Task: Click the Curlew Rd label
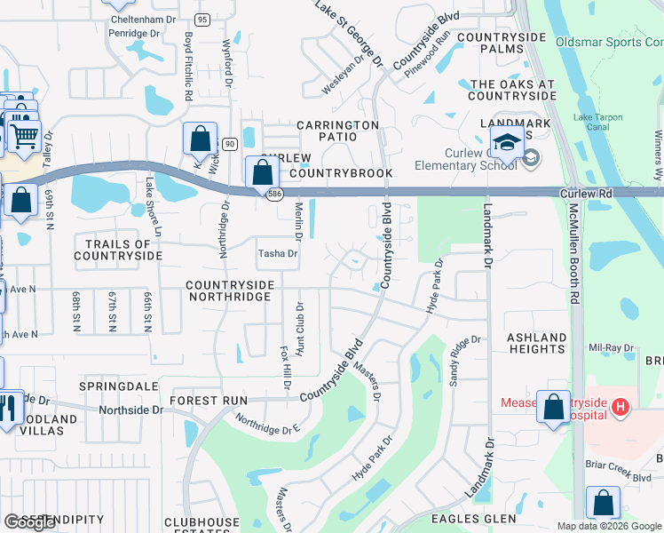(x=587, y=193)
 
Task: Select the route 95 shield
(x=202, y=20)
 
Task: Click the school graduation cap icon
(x=506, y=140)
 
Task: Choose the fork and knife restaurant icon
(x=9, y=408)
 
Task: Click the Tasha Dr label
(x=277, y=253)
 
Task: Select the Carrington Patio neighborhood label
(x=337, y=131)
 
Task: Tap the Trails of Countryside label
(x=118, y=250)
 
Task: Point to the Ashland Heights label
(x=536, y=344)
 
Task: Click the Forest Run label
(x=209, y=401)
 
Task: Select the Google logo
(x=29, y=522)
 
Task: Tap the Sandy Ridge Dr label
(x=463, y=359)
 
